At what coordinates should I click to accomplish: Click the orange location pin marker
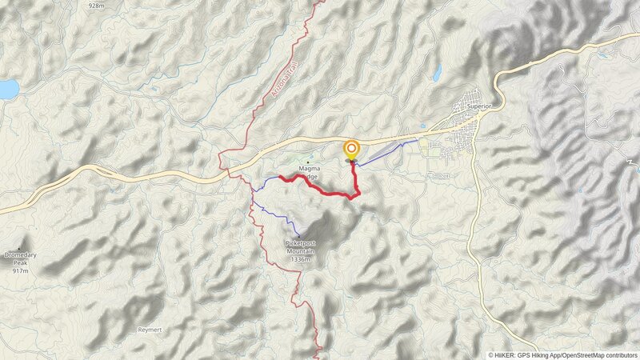pyautogui.click(x=351, y=149)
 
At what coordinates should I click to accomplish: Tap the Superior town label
pyautogui.click(x=478, y=106)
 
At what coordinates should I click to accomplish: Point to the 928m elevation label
pyautogui.click(x=97, y=6)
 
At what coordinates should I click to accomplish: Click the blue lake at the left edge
pyautogui.click(x=7, y=88)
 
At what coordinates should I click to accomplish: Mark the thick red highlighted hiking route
pyautogui.click(x=320, y=190)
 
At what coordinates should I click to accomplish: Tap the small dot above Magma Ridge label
pyautogui.click(x=308, y=162)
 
